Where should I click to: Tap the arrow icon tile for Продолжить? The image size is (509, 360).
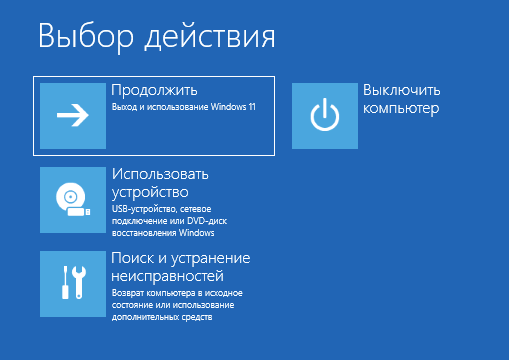[72, 115]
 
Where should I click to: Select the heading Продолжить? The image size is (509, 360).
[154, 90]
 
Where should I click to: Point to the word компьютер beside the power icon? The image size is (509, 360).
[401, 108]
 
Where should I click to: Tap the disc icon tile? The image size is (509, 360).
[72, 200]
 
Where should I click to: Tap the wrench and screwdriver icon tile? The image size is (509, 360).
[72, 284]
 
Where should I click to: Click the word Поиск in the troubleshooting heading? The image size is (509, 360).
[132, 258]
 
